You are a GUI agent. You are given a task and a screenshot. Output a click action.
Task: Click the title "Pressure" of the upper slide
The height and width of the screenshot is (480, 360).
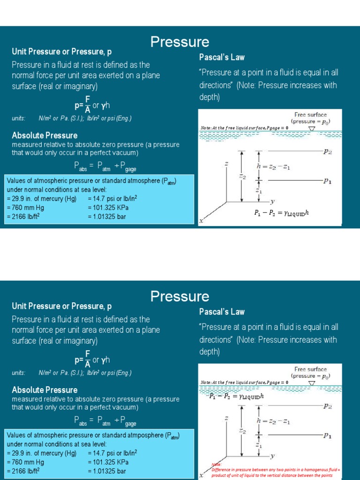coord(180,42)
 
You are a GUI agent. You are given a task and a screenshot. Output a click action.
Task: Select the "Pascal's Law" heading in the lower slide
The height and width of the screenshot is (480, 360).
coord(222,312)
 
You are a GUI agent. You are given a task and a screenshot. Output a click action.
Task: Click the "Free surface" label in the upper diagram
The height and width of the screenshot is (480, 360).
coord(311,115)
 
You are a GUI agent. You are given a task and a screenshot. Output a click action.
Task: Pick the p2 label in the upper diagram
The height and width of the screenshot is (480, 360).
coord(328,152)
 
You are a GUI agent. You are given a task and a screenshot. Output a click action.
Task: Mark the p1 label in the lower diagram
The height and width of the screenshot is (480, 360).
coord(328,435)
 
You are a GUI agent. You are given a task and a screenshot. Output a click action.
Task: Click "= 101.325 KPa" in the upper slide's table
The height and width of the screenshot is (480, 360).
coord(108,208)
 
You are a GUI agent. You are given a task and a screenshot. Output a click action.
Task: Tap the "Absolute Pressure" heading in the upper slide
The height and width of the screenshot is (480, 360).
coord(45,135)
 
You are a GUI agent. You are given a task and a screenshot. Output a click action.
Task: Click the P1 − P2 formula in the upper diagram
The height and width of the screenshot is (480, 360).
coord(282,213)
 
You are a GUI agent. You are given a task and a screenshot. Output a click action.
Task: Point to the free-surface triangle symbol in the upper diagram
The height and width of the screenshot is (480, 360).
coord(312,128)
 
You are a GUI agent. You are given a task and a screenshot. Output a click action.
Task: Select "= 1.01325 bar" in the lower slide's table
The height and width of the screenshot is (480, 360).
coord(106,471)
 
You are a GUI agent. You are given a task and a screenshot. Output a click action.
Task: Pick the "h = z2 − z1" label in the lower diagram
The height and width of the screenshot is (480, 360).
coord(273,421)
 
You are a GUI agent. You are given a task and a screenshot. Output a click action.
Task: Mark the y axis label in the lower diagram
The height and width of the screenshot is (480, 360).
coord(272,455)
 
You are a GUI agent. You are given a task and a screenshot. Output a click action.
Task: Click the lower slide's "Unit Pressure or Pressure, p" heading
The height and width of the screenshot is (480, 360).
coord(61,307)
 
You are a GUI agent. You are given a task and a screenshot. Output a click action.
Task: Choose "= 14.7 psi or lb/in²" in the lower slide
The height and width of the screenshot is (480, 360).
coord(112,453)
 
